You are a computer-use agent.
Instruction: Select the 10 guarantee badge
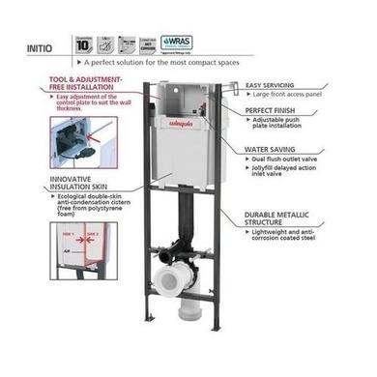(84, 43)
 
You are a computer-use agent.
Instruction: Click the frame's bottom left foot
(147, 346)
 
